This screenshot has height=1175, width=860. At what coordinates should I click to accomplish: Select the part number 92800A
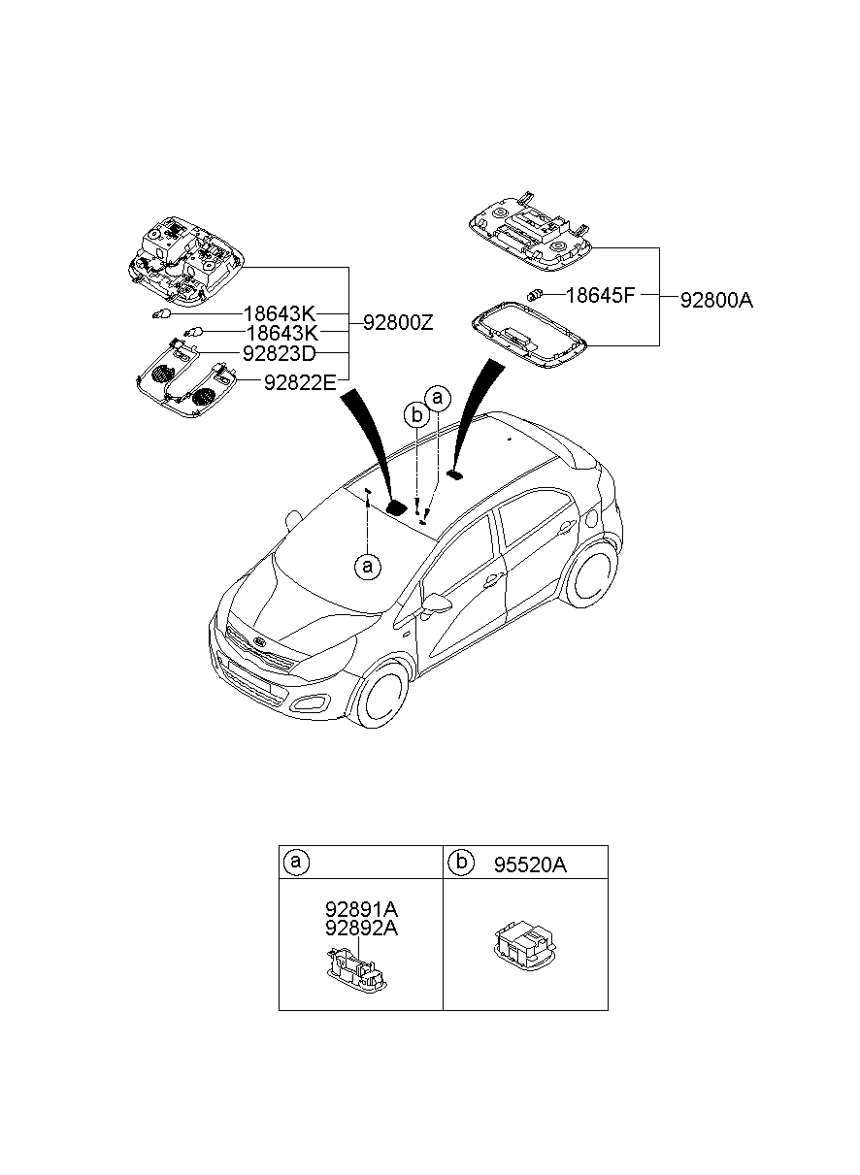(x=716, y=300)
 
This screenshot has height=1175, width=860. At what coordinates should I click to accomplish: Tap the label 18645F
(x=599, y=295)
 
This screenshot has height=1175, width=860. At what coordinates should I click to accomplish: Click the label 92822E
(x=299, y=382)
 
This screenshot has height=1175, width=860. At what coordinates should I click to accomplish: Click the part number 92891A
(x=361, y=910)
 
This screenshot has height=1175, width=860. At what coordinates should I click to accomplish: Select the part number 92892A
(x=361, y=928)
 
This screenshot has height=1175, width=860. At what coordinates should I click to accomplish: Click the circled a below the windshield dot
(x=367, y=566)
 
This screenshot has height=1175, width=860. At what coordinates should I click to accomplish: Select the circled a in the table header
(x=296, y=862)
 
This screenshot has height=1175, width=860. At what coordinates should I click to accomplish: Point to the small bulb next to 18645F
(x=534, y=295)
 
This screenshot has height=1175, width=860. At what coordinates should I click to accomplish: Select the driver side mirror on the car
(x=438, y=604)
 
